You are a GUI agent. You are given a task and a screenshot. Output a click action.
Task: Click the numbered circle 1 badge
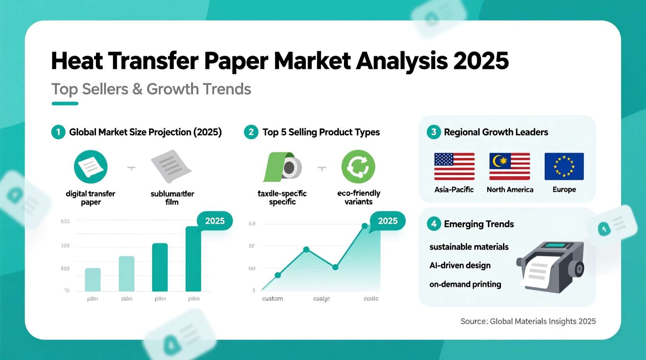(x=58, y=132)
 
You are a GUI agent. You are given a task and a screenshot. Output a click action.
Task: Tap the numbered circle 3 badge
(x=434, y=132)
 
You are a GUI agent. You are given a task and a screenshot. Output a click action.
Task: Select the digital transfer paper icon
(x=90, y=167)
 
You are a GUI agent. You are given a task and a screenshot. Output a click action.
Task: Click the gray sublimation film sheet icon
(x=171, y=166)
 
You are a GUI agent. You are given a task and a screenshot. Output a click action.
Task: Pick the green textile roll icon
(x=282, y=167)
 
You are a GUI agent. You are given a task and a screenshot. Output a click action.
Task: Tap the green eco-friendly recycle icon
(x=358, y=167)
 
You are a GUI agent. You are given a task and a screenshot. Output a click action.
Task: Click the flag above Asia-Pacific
(x=454, y=166)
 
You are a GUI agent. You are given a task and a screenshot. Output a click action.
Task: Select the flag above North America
(x=509, y=166)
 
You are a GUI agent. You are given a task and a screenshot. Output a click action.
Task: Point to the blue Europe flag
(x=564, y=166)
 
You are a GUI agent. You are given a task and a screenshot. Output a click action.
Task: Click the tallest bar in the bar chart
(x=193, y=259)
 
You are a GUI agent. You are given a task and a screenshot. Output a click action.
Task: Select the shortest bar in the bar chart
(x=93, y=280)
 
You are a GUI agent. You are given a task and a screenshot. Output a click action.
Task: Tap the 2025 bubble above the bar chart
(x=215, y=221)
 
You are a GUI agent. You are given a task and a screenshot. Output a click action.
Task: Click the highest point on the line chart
(x=365, y=226)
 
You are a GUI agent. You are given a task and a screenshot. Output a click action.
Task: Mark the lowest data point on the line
(x=278, y=275)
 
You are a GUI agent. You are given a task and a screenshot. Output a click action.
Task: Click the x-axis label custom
(x=272, y=299)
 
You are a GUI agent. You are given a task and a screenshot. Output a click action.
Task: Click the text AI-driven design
(x=460, y=266)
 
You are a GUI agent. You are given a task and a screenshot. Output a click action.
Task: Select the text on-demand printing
(x=465, y=284)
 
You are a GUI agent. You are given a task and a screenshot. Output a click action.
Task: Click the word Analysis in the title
(x=401, y=61)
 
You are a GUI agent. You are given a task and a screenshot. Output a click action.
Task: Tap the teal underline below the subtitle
(x=65, y=104)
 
